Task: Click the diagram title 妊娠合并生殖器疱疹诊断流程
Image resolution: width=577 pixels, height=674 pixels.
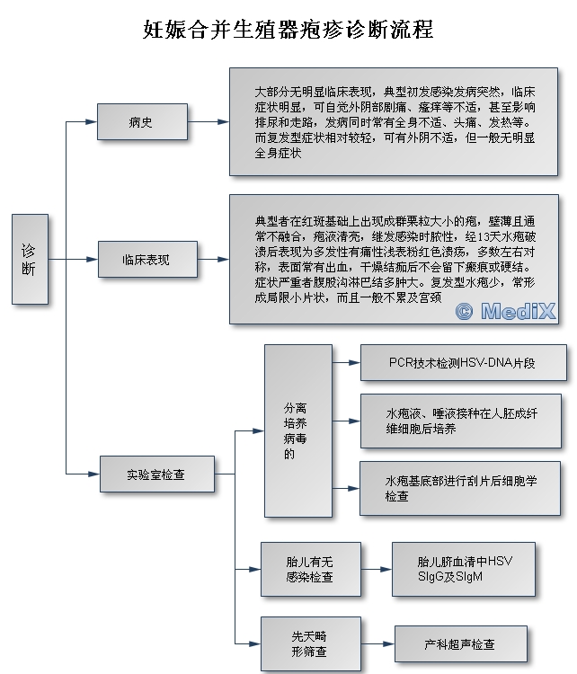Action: tap(288, 30)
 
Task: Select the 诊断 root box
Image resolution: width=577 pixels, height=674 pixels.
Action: tap(30, 259)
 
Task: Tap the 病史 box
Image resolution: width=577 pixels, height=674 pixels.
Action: tap(142, 121)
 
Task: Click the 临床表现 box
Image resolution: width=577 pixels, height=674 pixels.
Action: tap(147, 259)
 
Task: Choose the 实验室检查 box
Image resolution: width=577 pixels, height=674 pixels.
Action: tap(157, 474)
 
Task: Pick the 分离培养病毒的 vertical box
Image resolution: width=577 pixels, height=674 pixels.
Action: tap(298, 430)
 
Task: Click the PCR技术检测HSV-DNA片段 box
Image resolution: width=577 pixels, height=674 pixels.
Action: tap(463, 362)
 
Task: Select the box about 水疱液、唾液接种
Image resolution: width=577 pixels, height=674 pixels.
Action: tap(460, 421)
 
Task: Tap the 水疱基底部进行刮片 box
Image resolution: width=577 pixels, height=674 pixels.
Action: tap(460, 488)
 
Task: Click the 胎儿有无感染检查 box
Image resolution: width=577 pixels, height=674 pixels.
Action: tap(310, 569)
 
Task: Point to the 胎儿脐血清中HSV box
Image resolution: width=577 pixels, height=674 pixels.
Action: tap(464, 569)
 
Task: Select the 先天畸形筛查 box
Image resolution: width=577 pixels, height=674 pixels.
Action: tap(310, 643)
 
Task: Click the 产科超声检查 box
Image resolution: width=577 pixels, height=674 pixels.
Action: tap(460, 643)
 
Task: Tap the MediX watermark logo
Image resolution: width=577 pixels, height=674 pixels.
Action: tap(506, 311)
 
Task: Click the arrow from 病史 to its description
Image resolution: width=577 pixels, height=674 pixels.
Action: tap(209, 121)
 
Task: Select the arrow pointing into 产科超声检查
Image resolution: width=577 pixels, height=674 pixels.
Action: tap(377, 643)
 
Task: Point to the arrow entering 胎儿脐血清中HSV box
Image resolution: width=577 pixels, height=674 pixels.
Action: tap(377, 569)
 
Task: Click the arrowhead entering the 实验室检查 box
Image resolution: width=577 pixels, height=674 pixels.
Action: tap(94, 474)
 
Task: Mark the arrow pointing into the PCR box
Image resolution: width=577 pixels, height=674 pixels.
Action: tap(346, 362)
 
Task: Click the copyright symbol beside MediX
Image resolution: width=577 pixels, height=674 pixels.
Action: tap(464, 311)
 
